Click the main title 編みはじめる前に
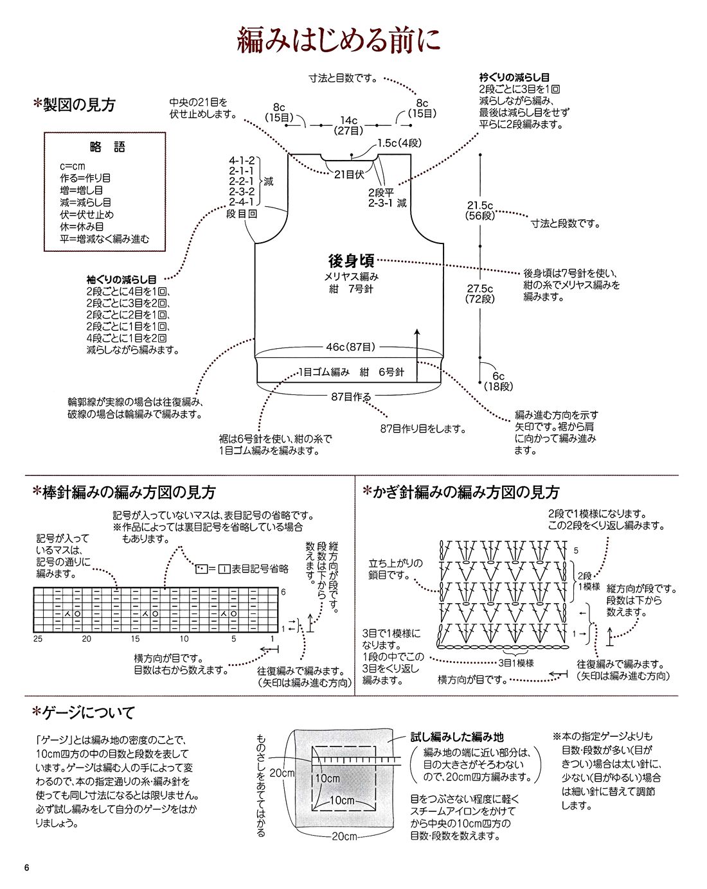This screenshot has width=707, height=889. pos(339,40)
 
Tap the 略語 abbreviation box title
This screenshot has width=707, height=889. pos(105,147)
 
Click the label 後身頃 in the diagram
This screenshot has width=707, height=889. pos(351,261)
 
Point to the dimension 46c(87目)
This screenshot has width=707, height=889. pos(350,347)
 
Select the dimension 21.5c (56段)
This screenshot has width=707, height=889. pos(480,211)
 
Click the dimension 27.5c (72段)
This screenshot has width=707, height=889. pos(480,294)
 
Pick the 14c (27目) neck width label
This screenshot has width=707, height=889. pos(349,125)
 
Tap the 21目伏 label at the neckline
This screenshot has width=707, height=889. pos(349,174)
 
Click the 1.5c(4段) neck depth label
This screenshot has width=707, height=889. pos(399,143)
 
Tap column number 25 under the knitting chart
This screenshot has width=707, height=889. pos(38,638)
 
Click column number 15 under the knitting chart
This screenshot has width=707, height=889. pos(135,638)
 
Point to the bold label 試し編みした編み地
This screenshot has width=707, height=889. pos(457,737)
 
